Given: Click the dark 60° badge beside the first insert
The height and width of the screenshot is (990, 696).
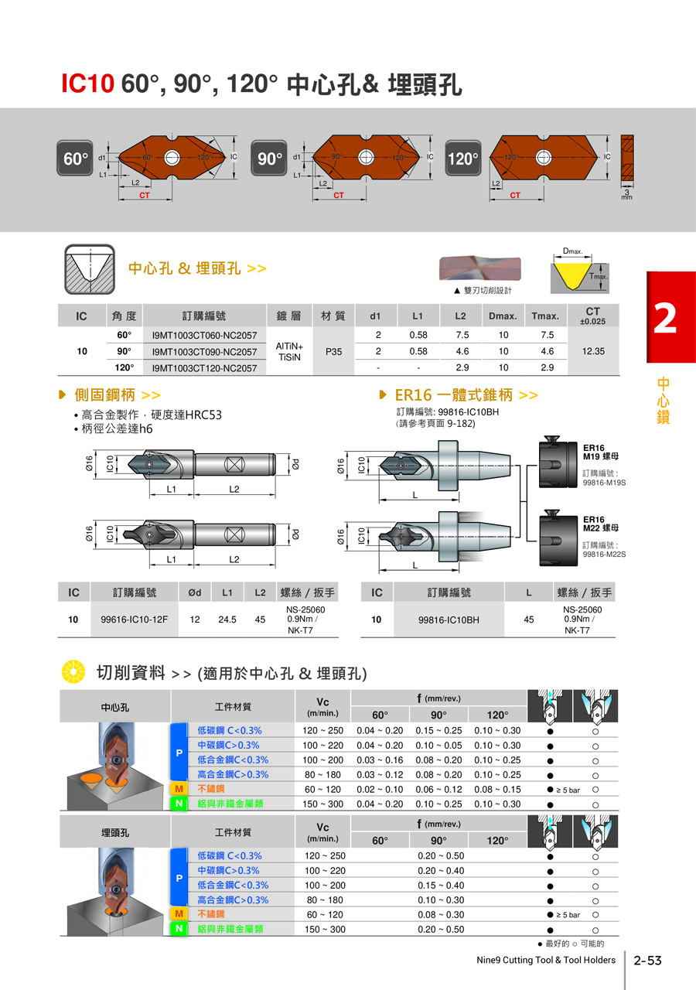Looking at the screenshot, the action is [75, 159].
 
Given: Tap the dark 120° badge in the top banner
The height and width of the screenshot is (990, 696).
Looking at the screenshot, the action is [463, 159].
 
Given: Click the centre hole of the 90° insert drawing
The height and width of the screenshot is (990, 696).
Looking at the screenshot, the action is [366, 157].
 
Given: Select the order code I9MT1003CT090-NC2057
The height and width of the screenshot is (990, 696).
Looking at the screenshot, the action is [204, 352].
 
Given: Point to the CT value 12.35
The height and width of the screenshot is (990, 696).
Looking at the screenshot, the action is [593, 351].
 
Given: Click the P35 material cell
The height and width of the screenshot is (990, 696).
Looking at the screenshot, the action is [333, 352].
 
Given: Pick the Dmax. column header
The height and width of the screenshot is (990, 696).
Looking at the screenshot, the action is [503, 316].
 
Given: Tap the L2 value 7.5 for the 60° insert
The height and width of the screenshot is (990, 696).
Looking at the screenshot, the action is [462, 335].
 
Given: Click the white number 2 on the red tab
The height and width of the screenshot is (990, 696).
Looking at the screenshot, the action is [664, 318].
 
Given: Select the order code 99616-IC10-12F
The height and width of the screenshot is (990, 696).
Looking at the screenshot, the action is [135, 620].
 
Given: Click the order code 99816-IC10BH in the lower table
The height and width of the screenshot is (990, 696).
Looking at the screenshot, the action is [449, 620].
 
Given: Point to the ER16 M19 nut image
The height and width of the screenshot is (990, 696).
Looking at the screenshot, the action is [558, 462].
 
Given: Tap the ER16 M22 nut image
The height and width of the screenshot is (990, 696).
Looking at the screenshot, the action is [558, 538].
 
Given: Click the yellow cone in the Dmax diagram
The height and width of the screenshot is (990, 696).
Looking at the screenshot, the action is [572, 274].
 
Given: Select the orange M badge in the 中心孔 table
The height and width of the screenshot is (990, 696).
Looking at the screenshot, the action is [179, 789].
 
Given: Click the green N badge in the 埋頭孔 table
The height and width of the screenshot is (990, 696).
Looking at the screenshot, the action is [179, 929].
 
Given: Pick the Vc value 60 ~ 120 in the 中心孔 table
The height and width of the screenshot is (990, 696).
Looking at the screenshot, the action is [323, 790].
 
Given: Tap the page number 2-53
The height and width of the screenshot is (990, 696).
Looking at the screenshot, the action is [647, 961].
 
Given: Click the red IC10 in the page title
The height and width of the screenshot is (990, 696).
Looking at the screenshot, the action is [87, 83].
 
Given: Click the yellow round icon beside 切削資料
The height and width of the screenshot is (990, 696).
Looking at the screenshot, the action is [73, 672].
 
